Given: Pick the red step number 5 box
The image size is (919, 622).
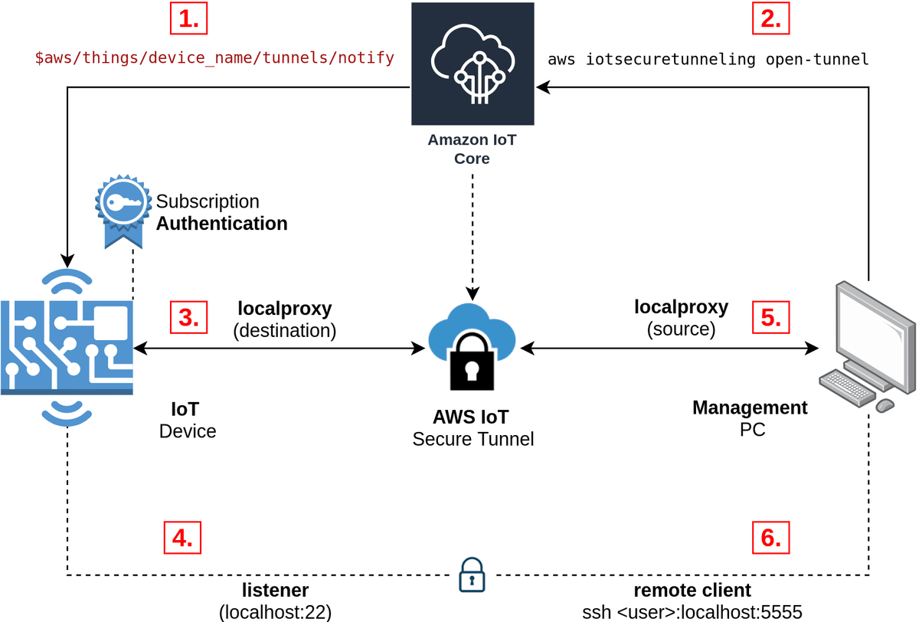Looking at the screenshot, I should click(770, 316).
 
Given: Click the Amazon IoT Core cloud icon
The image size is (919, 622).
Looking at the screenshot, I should click(472, 64).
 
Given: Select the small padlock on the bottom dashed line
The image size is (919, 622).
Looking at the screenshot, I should click(472, 575).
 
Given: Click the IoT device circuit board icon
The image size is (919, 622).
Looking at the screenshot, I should click(67, 346).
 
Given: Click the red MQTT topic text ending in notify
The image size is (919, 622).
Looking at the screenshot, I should click(215, 57).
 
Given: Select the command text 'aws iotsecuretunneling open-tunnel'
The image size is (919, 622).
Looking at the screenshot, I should click(708, 59).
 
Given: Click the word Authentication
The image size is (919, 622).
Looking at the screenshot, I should click(222, 224).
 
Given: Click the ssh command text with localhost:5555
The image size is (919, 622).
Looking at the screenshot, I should click(692, 612).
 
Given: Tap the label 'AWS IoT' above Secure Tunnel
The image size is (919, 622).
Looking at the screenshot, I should click(472, 418).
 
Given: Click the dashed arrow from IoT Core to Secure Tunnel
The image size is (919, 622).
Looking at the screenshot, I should click(472, 237).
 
